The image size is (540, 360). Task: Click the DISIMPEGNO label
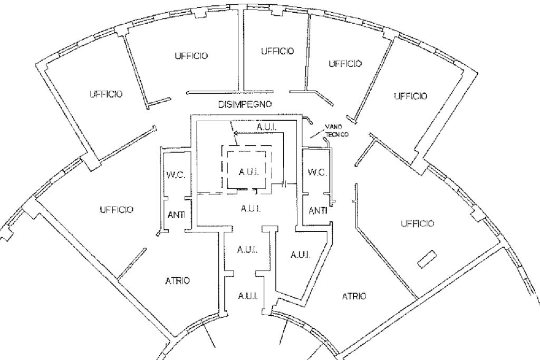(245, 104)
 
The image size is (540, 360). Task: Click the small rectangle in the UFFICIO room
(426, 259)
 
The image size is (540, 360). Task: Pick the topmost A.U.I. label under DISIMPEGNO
(267, 128)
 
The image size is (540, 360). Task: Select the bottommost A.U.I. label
(247, 296)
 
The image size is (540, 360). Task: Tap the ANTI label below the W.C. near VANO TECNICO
(317, 211)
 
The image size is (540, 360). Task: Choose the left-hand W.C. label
(175, 176)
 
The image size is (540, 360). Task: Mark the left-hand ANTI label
(176, 215)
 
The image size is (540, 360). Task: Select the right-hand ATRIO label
(354, 296)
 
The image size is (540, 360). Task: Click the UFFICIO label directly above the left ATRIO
(116, 210)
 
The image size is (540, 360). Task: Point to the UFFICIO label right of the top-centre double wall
(276, 51)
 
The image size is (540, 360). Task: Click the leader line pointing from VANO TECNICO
(317, 135)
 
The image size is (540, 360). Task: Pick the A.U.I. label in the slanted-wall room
(300, 255)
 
